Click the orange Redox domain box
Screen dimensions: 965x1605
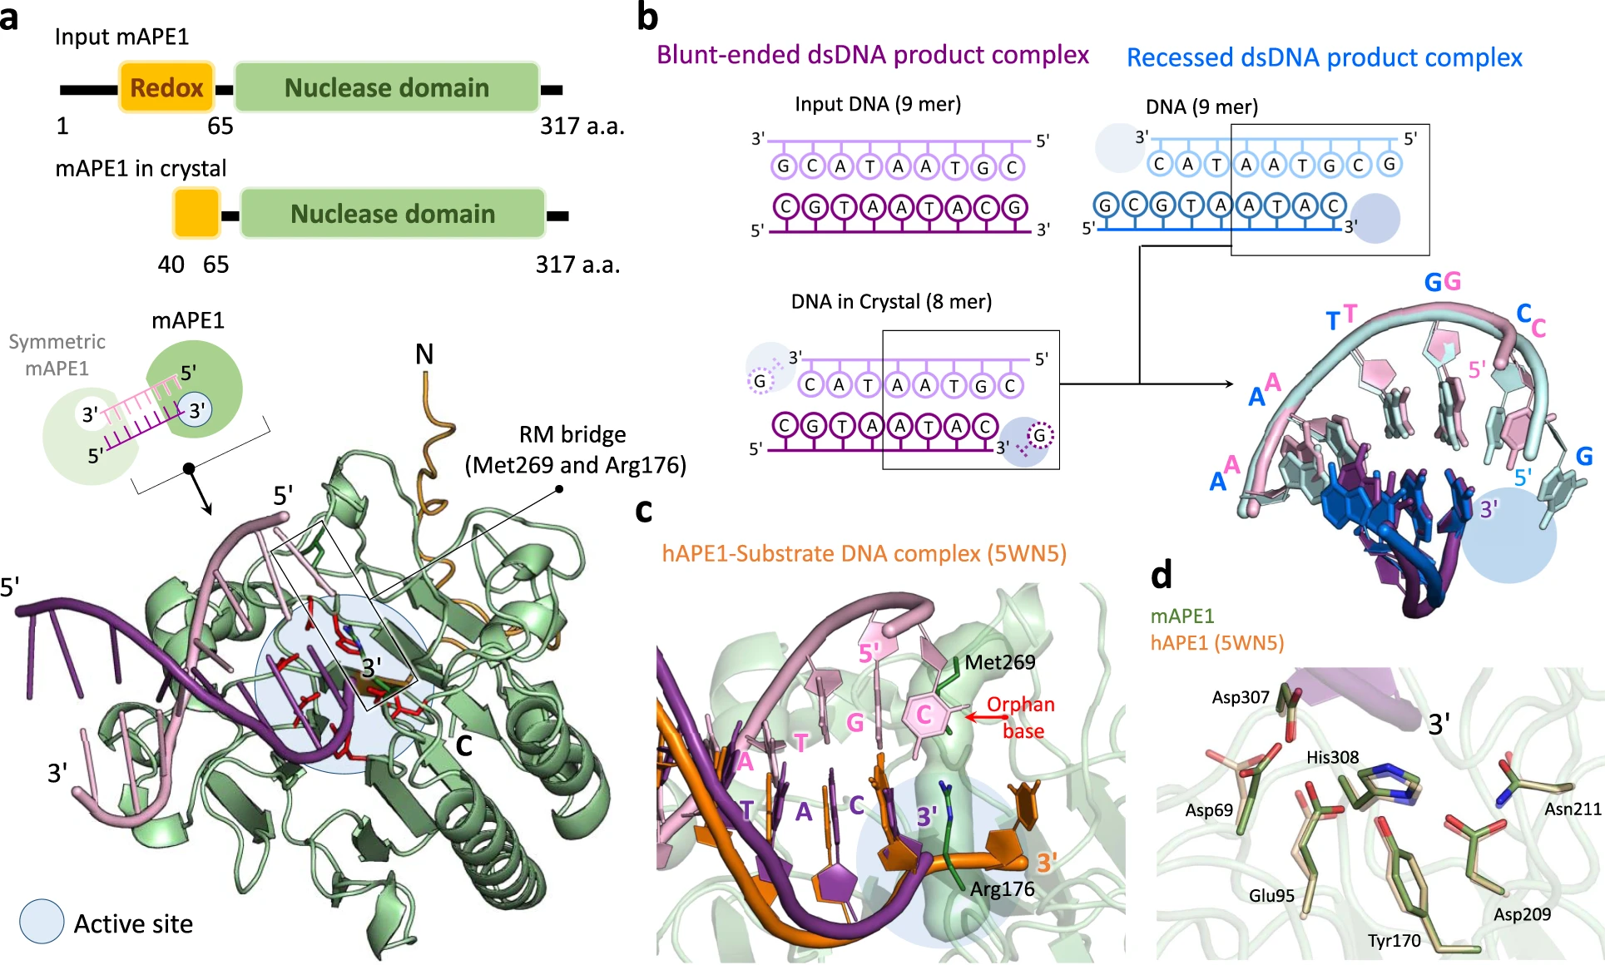(166, 87)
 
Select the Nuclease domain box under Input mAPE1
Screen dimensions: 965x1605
(387, 87)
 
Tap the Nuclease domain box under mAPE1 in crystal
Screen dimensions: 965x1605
(393, 214)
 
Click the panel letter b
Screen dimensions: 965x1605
(647, 17)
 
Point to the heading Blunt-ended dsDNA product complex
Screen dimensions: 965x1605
(872, 55)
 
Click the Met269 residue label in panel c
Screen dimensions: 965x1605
(1000, 662)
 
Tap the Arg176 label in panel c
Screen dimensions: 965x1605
(1002, 889)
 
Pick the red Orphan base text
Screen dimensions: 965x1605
(1021, 717)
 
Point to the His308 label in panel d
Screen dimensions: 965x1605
(1332, 757)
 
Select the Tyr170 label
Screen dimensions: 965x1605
(1394, 941)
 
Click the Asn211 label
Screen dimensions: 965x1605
(1573, 809)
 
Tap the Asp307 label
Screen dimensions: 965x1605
(1240, 697)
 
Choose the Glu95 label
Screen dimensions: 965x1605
(1271, 896)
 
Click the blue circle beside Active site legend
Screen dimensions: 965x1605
(42, 922)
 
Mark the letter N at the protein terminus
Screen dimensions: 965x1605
(424, 355)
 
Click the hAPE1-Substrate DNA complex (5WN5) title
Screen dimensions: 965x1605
(864, 554)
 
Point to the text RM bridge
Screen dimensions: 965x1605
(572, 435)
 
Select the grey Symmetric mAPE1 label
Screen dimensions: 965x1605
(57, 354)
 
